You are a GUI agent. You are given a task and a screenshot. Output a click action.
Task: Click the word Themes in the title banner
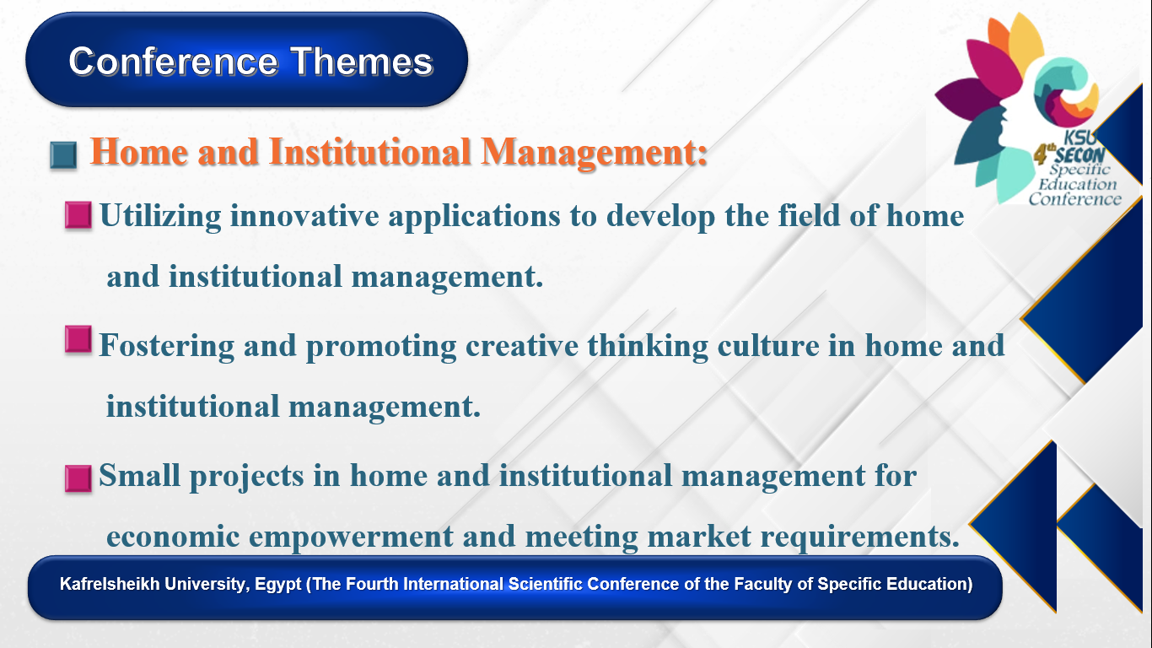click(362, 62)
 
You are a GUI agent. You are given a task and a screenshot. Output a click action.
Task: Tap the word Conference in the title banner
click(174, 62)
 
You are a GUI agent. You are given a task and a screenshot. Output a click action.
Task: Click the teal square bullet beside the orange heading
click(64, 155)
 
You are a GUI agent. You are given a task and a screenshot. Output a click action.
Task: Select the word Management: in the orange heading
click(594, 153)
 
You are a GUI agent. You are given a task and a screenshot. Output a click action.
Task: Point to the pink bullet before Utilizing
click(78, 214)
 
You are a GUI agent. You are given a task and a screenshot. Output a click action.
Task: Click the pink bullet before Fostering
click(78, 339)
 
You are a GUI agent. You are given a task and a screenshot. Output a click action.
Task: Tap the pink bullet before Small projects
click(78, 478)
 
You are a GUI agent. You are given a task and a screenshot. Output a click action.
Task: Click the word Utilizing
click(160, 216)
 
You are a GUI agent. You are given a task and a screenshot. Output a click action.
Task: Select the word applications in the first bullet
click(474, 216)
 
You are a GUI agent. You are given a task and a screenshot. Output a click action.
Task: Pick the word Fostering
click(167, 345)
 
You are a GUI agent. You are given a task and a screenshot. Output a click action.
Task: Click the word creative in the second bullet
click(522, 345)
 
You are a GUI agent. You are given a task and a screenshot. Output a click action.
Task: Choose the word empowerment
click(352, 537)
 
